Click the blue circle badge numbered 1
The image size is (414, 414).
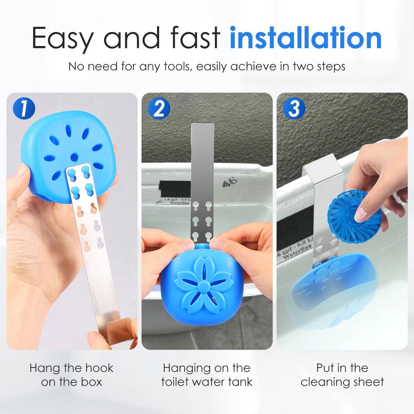click(24, 108)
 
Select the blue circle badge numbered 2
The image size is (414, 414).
click(159, 108)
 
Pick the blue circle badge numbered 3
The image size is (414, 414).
click(294, 108)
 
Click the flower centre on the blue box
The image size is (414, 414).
click(203, 285)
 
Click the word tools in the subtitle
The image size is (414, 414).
click(176, 66)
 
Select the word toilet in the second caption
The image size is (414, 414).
click(175, 382)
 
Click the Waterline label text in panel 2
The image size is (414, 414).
click(179, 203)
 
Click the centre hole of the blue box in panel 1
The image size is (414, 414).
click(74, 157)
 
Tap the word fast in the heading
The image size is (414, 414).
click(195, 38)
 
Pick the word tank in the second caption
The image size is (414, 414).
click(240, 382)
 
